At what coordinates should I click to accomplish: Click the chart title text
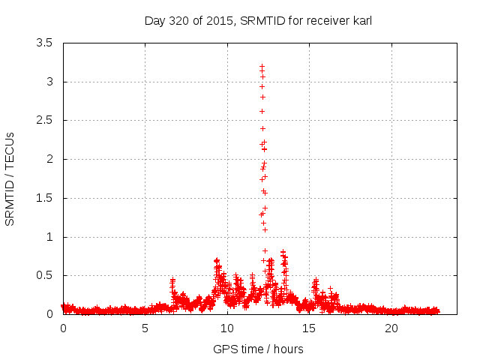click(258, 20)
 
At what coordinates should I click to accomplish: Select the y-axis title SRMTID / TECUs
click(10, 178)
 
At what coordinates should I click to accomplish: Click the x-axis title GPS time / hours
click(258, 349)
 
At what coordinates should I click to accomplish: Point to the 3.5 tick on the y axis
click(44, 43)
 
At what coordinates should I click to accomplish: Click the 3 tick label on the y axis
click(49, 82)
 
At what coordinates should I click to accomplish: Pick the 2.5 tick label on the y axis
click(44, 120)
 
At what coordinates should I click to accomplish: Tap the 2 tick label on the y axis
click(49, 159)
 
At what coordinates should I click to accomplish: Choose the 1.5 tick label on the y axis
click(44, 198)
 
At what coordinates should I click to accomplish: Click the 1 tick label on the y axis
click(49, 237)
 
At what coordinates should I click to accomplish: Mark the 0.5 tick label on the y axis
click(44, 275)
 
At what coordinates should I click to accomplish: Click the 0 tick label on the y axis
click(49, 314)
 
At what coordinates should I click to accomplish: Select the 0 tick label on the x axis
click(63, 329)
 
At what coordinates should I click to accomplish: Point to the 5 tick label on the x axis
click(145, 329)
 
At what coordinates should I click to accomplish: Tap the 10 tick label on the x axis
click(227, 329)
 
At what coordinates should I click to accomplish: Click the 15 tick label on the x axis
click(310, 329)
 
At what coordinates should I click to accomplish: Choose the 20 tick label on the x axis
click(391, 329)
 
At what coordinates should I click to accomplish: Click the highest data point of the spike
click(262, 67)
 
